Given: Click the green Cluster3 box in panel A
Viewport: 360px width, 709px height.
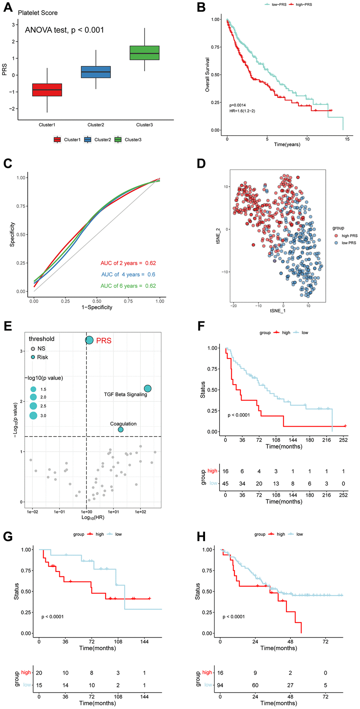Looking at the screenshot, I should pyautogui.click(x=144, y=53).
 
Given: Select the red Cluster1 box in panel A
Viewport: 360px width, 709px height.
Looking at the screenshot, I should pyautogui.click(x=47, y=90).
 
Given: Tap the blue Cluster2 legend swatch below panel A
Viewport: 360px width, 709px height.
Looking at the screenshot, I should pyautogui.click(x=88, y=140).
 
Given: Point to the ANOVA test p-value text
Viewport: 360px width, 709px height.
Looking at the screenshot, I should pyautogui.click(x=64, y=30).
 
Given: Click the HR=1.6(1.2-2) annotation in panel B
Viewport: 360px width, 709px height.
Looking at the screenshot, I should pyautogui.click(x=242, y=111).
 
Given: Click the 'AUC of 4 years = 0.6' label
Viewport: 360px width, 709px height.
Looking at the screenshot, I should pyautogui.click(x=128, y=275).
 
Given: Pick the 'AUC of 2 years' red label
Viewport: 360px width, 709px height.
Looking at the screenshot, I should pyautogui.click(x=128, y=263).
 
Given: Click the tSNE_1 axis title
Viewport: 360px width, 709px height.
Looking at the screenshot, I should pyautogui.click(x=277, y=311).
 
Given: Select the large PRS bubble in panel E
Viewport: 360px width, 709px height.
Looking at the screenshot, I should pyautogui.click(x=89, y=340).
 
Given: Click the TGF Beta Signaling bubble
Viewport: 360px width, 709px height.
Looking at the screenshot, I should pyautogui.click(x=148, y=388).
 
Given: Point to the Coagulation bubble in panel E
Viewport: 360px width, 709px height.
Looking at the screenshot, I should pyautogui.click(x=121, y=429).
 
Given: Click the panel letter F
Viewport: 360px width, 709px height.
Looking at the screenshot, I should pyautogui.click(x=202, y=326).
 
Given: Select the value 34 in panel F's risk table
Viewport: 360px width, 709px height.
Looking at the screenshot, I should pyautogui.click(x=242, y=484).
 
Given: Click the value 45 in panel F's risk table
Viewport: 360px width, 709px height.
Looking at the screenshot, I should pyautogui.click(x=225, y=484).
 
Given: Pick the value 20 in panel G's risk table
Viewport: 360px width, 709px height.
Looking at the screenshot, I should pyautogui.click(x=39, y=673).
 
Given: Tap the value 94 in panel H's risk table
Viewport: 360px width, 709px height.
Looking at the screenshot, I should pyautogui.click(x=220, y=685).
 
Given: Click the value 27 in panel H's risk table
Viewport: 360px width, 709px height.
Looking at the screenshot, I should pyautogui.click(x=290, y=685).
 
